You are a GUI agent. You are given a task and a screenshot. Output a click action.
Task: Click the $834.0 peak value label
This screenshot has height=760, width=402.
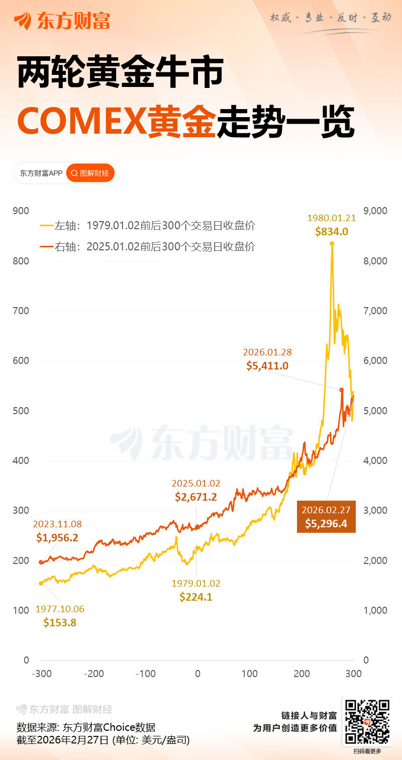pyautogui.click(x=332, y=232)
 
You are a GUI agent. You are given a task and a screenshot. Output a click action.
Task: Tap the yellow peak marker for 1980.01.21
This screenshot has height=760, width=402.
pyautogui.click(x=332, y=244)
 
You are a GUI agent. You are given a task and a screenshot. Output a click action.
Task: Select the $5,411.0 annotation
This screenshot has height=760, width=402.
pyautogui.click(x=267, y=366)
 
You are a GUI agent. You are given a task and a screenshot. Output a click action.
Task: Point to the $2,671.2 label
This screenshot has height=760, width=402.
pyautogui.click(x=196, y=497)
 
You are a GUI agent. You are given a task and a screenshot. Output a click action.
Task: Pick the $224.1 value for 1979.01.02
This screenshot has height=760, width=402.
pyautogui.click(x=196, y=597)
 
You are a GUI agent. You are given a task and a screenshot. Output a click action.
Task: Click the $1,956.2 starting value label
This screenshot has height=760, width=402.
pyautogui.click(x=57, y=538)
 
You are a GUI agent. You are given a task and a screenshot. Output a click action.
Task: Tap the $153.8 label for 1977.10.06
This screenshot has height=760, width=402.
pyautogui.click(x=60, y=623)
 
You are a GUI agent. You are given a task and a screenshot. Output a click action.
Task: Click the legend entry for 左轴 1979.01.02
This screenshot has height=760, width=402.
pyautogui.click(x=148, y=226)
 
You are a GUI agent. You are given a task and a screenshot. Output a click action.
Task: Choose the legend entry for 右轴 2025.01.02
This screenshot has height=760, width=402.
pyautogui.click(x=148, y=247)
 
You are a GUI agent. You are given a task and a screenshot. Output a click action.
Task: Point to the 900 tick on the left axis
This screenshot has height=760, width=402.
pyautogui.click(x=22, y=211)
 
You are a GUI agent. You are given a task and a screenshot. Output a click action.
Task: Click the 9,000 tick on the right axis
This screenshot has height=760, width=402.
pyautogui.click(x=374, y=211)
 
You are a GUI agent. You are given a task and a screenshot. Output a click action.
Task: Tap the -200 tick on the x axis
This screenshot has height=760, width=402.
pyautogui.click(x=93, y=674)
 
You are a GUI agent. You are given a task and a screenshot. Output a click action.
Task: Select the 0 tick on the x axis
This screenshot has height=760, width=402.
pyautogui.click(x=197, y=674)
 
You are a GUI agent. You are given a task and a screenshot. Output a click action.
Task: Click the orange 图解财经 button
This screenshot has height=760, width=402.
pyautogui.click(x=90, y=173)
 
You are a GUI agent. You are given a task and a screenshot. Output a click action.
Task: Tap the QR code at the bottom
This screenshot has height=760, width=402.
pyautogui.click(x=366, y=722)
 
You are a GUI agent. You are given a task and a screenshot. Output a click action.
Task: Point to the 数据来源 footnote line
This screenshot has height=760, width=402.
pyautogui.click(x=86, y=727)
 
